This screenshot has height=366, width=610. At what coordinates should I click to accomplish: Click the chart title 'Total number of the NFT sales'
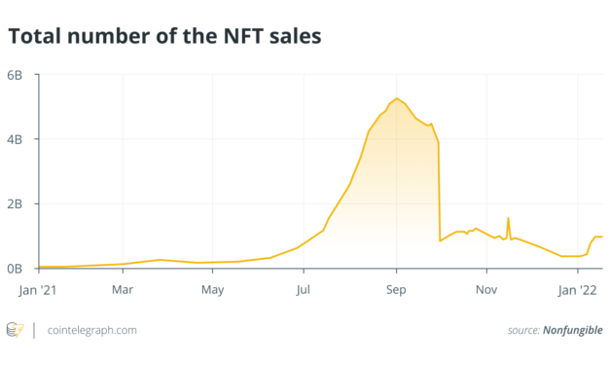click(x=164, y=37)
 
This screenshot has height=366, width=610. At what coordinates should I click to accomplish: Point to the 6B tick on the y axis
click(x=21, y=75)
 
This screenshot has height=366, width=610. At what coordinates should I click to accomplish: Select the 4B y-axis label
click(x=21, y=139)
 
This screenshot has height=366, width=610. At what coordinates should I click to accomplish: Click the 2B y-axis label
click(x=21, y=204)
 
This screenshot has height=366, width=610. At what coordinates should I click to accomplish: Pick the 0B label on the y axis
click(x=21, y=269)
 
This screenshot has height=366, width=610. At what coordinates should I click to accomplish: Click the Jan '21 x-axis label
click(x=40, y=289)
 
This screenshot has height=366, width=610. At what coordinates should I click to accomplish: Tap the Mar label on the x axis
click(x=123, y=289)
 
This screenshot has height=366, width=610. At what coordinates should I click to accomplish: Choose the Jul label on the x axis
click(x=305, y=289)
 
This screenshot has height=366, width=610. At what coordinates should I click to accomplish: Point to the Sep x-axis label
click(x=396, y=289)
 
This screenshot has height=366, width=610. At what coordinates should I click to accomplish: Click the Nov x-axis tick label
click(x=485, y=289)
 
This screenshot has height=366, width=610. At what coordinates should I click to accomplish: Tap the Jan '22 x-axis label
click(x=578, y=289)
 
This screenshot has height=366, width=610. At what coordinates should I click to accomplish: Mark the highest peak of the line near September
click(x=396, y=98)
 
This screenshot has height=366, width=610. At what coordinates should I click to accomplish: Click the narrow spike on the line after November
click(x=508, y=218)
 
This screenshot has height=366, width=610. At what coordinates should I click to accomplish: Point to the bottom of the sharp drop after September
click(x=441, y=240)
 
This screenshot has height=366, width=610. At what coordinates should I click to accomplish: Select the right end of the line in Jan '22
click(x=602, y=237)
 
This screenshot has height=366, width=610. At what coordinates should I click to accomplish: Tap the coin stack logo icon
click(x=15, y=330)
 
